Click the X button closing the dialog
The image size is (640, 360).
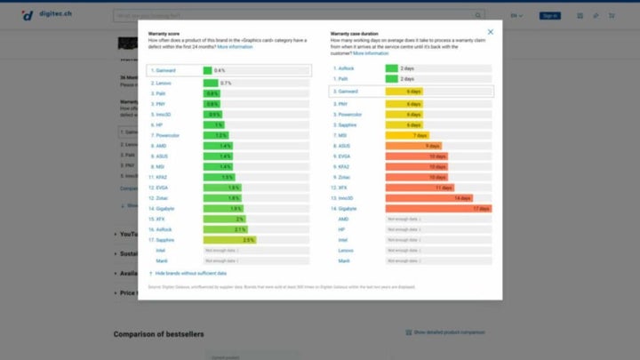[491, 32]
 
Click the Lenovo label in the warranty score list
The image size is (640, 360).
[163, 83]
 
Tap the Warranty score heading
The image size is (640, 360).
[164, 33]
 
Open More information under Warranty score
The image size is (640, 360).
[235, 46]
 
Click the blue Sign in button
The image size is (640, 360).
[550, 15]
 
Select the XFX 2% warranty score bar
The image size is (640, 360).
[225, 219]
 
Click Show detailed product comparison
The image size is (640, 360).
[449, 332]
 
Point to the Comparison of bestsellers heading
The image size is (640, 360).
[165, 334]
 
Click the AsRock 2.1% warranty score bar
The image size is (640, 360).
[226, 229]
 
